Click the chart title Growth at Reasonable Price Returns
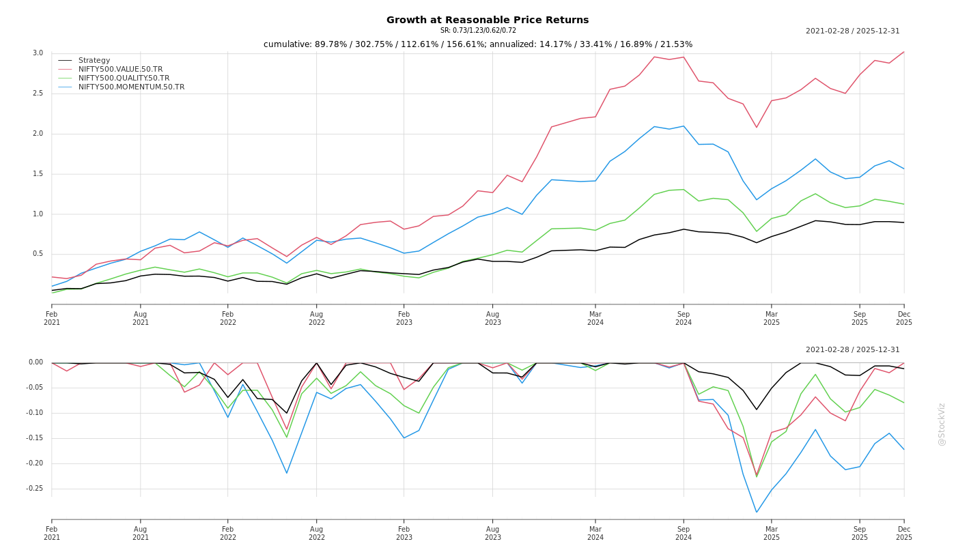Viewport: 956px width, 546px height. tap(487, 20)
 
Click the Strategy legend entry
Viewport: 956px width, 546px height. tap(94, 61)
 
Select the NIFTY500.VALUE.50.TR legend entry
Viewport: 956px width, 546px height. tap(120, 70)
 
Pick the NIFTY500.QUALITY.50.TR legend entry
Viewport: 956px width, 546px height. tap(124, 78)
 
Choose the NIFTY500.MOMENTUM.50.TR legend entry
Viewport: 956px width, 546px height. tap(131, 87)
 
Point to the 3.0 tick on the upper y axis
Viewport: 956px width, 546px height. tap(38, 53)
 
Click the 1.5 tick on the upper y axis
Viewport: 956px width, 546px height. tap(38, 174)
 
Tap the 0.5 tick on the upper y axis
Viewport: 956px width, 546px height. tap(38, 255)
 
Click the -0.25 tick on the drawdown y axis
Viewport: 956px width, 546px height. tap(35, 489)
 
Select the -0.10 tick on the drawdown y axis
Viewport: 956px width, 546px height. tap(35, 413)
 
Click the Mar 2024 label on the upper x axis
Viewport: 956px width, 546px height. tap(595, 319)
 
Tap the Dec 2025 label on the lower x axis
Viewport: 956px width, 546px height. tap(904, 533)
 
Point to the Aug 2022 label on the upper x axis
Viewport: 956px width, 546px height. tap(317, 319)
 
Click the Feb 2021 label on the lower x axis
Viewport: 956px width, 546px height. tap(52, 533)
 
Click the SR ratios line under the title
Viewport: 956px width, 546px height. tap(478, 31)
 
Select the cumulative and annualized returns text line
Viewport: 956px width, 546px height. tap(478, 44)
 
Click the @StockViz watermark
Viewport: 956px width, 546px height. tap(942, 424)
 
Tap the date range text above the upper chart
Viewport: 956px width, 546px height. tap(852, 31)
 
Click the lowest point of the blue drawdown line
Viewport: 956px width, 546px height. tap(757, 512)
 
